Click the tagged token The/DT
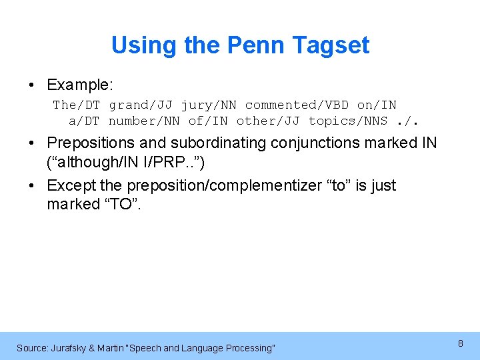tap(76, 105)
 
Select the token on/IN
tap(377, 105)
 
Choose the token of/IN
tap(208, 121)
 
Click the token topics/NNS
tap(347, 121)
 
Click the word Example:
tap(80, 85)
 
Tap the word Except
tap(71, 185)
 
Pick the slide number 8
tap(460, 343)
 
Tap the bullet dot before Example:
tap(32, 85)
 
